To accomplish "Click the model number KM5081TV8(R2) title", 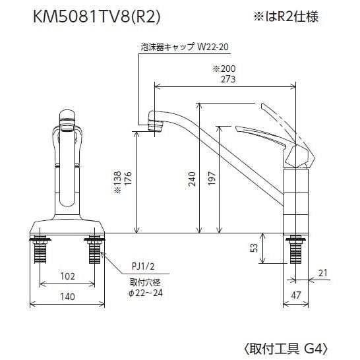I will [98, 16].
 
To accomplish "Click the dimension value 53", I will [254, 249].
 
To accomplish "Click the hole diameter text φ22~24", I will [145, 292].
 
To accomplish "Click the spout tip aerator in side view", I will [156, 123].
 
